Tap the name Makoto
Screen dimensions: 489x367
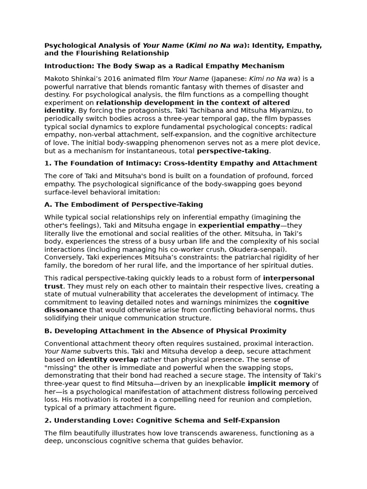[x=57, y=79]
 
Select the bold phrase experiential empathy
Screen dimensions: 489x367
[x=239, y=225]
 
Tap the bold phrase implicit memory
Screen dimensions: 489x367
[x=279, y=383]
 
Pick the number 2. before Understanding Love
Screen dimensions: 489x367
[x=48, y=421]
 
